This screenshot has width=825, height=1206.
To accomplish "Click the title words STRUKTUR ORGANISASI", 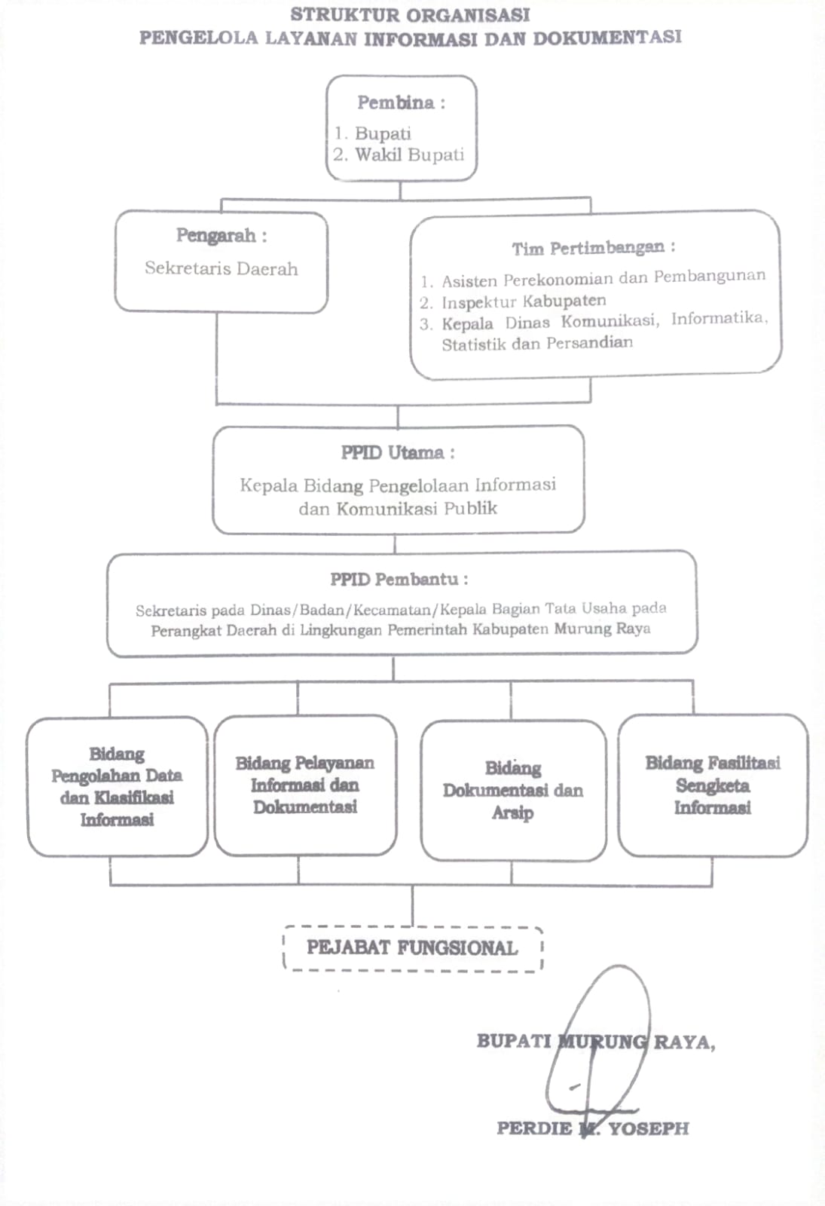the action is tap(410, 15).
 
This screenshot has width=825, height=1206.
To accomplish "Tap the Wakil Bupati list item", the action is tap(399, 155).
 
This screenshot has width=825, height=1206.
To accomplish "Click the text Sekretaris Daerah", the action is tap(222, 268).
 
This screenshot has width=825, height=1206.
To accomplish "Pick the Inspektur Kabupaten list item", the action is tap(513, 301).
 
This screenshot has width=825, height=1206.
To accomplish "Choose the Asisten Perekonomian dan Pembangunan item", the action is tap(592, 279).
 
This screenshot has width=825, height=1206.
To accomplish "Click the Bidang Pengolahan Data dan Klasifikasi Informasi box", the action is tap(118, 787).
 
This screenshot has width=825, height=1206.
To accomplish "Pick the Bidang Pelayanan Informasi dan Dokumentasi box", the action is tap(305, 785).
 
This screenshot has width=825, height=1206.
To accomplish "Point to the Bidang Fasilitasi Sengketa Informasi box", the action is tap(713, 785).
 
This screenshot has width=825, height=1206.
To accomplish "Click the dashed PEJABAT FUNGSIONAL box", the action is tap(413, 948).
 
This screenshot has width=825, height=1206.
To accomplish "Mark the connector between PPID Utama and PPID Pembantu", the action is tap(395, 543).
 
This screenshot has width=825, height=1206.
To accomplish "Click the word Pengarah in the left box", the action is tap(216, 236).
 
